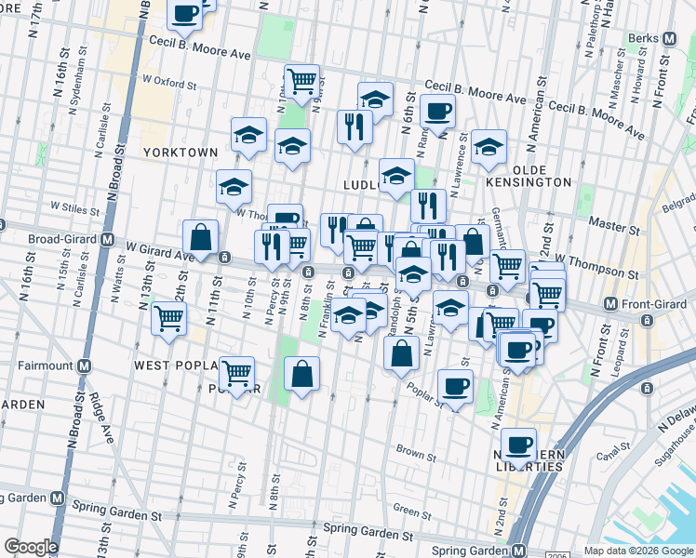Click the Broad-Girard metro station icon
point(107,240)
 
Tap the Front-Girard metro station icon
point(610,304)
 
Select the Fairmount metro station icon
point(84,365)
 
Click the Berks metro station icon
point(669,39)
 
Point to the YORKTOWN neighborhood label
point(181,152)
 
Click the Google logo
point(31,546)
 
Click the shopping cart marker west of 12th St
point(168,318)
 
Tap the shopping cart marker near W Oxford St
point(301,82)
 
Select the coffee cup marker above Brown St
point(518,444)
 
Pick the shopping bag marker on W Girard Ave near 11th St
point(200,237)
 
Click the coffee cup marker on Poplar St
point(455,386)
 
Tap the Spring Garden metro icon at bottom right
point(519,549)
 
